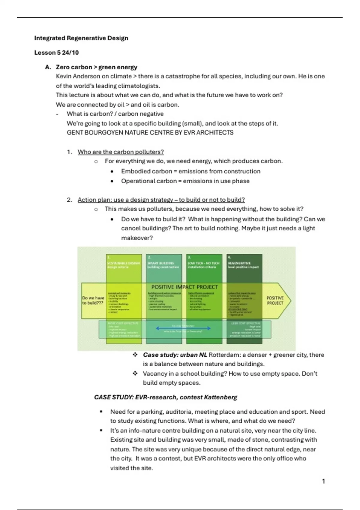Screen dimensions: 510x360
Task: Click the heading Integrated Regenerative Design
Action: [81, 38]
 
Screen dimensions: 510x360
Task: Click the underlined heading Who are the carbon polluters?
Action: [121, 152]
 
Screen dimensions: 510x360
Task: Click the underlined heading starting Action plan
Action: [161, 200]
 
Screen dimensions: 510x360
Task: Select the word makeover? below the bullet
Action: [137, 238]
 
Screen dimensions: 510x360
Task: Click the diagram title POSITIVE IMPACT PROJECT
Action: [184, 287]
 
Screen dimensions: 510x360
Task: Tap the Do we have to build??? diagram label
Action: [93, 300]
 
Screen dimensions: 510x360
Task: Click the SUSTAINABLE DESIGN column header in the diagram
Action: [124, 263]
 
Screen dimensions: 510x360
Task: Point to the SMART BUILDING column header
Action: [161, 263]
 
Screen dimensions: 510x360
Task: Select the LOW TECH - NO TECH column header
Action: [203, 263]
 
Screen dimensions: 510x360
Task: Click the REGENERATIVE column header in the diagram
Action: [239, 263]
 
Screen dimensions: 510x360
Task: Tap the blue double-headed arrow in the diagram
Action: [183, 328]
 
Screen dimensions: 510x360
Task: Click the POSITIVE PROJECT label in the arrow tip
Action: [275, 300]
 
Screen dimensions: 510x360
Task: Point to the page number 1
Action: [323, 481]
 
